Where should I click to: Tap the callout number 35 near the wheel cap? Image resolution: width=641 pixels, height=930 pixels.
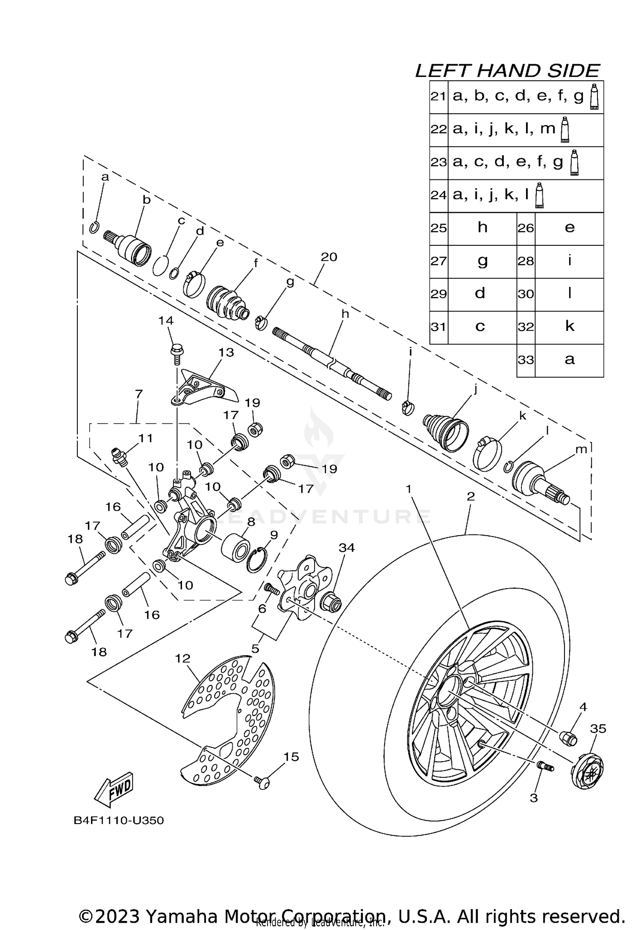(x=598, y=729)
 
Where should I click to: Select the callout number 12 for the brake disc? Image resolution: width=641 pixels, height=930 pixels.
(x=182, y=659)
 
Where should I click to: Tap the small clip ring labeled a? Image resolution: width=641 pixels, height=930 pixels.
(x=94, y=227)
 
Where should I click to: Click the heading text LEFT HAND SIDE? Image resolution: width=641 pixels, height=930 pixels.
(x=507, y=71)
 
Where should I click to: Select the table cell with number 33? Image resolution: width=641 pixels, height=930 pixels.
(x=526, y=360)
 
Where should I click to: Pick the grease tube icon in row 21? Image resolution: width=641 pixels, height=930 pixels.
(x=594, y=97)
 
